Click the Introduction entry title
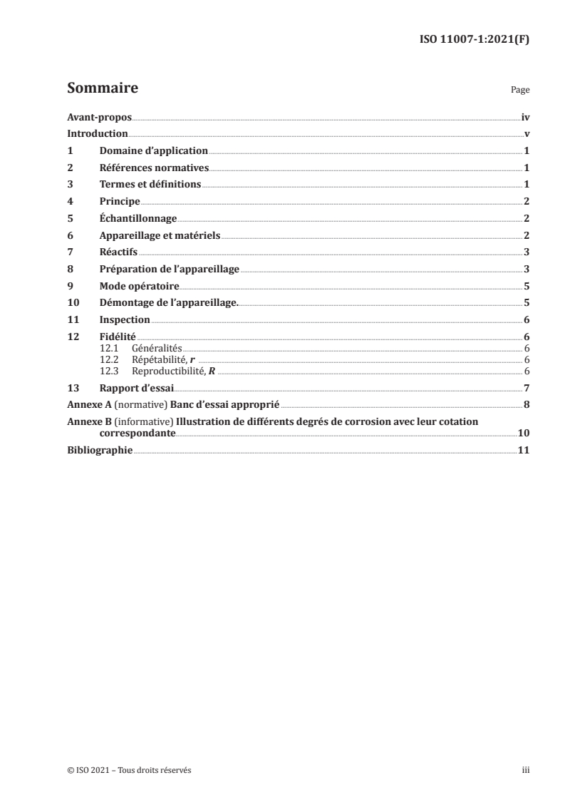click(98, 134)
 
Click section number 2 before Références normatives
click(70, 168)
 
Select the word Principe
click(120, 202)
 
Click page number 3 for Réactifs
click(526, 252)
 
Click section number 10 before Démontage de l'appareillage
click(73, 303)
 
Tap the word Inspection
click(125, 320)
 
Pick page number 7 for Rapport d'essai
click(526, 388)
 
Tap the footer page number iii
click(525, 770)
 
